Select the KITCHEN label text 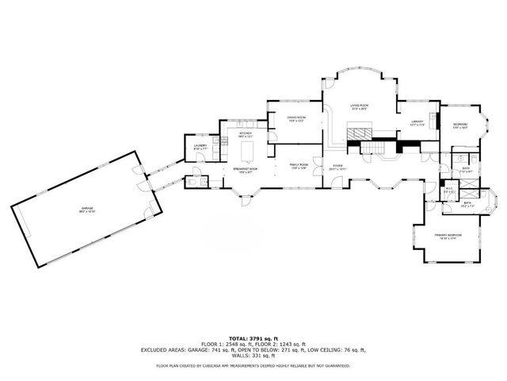pyautogui.click(x=246, y=135)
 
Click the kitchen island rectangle pyautogui.click(x=247, y=149)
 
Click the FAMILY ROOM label pyautogui.click(x=298, y=167)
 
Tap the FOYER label pyautogui.click(x=338, y=168)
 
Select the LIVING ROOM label pyautogui.click(x=360, y=106)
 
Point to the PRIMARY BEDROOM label pyautogui.click(x=448, y=236)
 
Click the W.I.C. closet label pyautogui.click(x=448, y=190)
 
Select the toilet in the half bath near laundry pyautogui.click(x=194, y=181)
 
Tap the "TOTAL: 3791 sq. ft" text pyautogui.click(x=253, y=337)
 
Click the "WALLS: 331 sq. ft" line pyautogui.click(x=253, y=354)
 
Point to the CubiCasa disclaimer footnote pyautogui.click(x=253, y=366)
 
